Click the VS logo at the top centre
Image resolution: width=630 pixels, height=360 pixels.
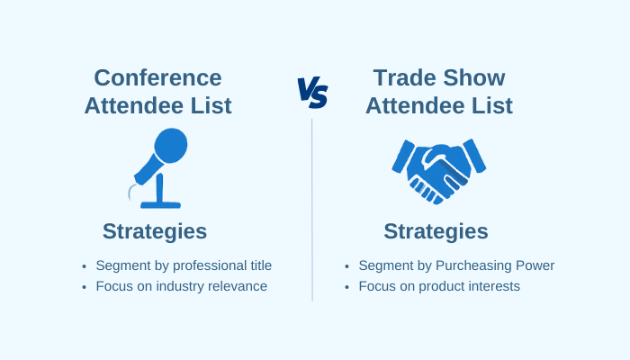[312, 91]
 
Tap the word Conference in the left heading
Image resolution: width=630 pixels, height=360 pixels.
[157, 78]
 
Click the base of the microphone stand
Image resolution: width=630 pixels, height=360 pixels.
[160, 204]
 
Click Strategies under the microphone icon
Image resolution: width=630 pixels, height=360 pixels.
[155, 231]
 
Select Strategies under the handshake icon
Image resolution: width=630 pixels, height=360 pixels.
[436, 231]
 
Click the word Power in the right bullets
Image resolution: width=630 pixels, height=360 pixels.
[535, 265]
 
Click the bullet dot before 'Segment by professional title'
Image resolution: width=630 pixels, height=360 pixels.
[84, 266]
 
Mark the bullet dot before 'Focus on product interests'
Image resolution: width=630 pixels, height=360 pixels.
[346, 288]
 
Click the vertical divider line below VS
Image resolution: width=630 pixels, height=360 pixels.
[312, 207]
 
